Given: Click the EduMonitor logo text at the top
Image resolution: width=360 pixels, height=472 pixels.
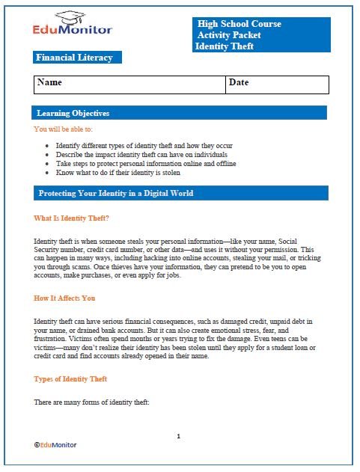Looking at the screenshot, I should [73, 29].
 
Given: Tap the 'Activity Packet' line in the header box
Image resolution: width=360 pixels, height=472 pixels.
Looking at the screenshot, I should [231, 35].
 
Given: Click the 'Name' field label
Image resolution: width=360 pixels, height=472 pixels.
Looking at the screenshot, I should [49, 82].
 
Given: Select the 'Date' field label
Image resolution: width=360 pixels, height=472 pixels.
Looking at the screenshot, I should [239, 82].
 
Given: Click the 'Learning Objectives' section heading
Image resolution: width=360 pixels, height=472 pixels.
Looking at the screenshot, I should [73, 113].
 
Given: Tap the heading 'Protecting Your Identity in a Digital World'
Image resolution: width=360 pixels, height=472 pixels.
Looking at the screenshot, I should [115, 193].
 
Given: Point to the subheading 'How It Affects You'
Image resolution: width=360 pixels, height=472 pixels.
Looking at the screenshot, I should [64, 298].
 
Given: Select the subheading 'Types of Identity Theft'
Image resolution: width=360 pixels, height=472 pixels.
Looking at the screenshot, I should [70, 379].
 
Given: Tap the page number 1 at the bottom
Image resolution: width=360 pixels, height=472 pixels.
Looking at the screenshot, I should [179, 435].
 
